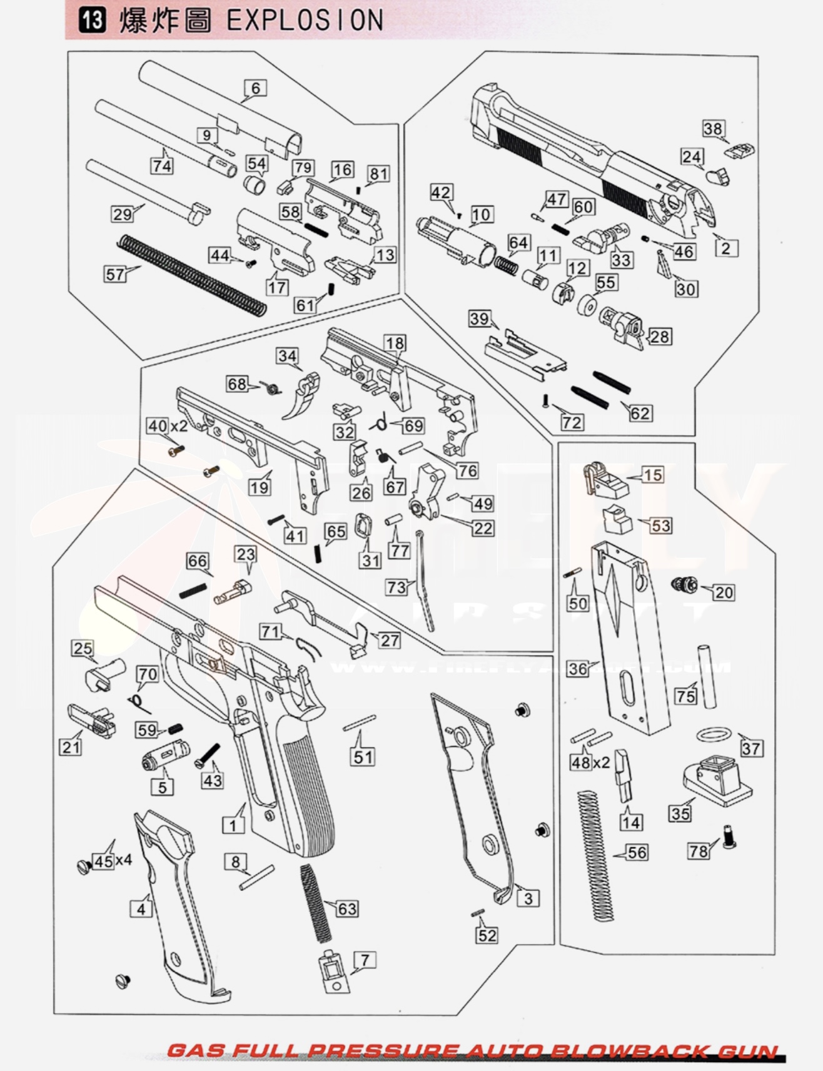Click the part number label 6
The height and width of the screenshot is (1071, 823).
[255, 88]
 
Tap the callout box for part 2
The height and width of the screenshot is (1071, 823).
[726, 248]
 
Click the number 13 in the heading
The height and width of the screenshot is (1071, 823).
[92, 21]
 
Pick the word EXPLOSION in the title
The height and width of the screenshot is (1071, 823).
[305, 21]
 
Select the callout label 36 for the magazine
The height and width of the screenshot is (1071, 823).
[577, 669]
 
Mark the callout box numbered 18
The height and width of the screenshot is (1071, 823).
[395, 343]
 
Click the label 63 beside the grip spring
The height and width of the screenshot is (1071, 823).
[347, 908]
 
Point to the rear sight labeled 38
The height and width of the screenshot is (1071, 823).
[740, 151]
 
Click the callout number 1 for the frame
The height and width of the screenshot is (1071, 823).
[233, 825]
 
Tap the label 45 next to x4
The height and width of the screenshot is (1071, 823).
[103, 861]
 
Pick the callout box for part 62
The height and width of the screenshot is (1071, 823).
[640, 413]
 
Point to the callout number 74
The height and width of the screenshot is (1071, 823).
[161, 166]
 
